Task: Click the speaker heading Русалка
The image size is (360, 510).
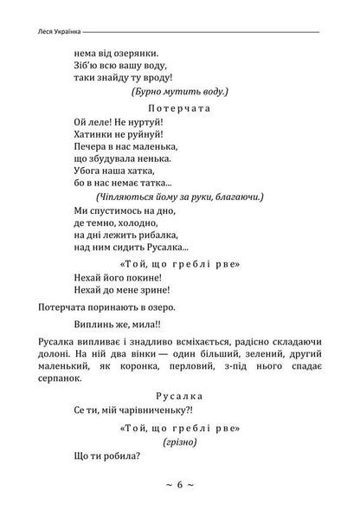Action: click(180, 395)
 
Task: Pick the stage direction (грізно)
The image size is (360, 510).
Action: click(180, 441)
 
